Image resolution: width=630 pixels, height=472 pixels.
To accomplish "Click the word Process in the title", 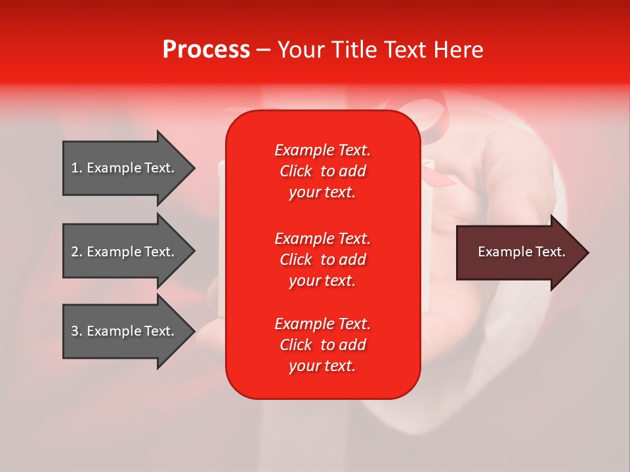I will [x=206, y=50].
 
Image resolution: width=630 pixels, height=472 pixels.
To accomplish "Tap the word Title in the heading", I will [x=358, y=50].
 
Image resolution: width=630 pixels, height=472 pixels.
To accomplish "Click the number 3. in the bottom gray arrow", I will [x=77, y=331].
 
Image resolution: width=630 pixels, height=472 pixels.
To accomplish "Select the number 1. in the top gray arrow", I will [x=77, y=168].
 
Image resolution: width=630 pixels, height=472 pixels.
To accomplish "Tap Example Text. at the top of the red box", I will [x=322, y=150].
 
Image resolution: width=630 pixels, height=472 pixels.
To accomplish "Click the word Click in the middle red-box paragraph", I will [x=296, y=260].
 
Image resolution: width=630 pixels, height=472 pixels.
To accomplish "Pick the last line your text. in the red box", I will [x=322, y=366].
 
